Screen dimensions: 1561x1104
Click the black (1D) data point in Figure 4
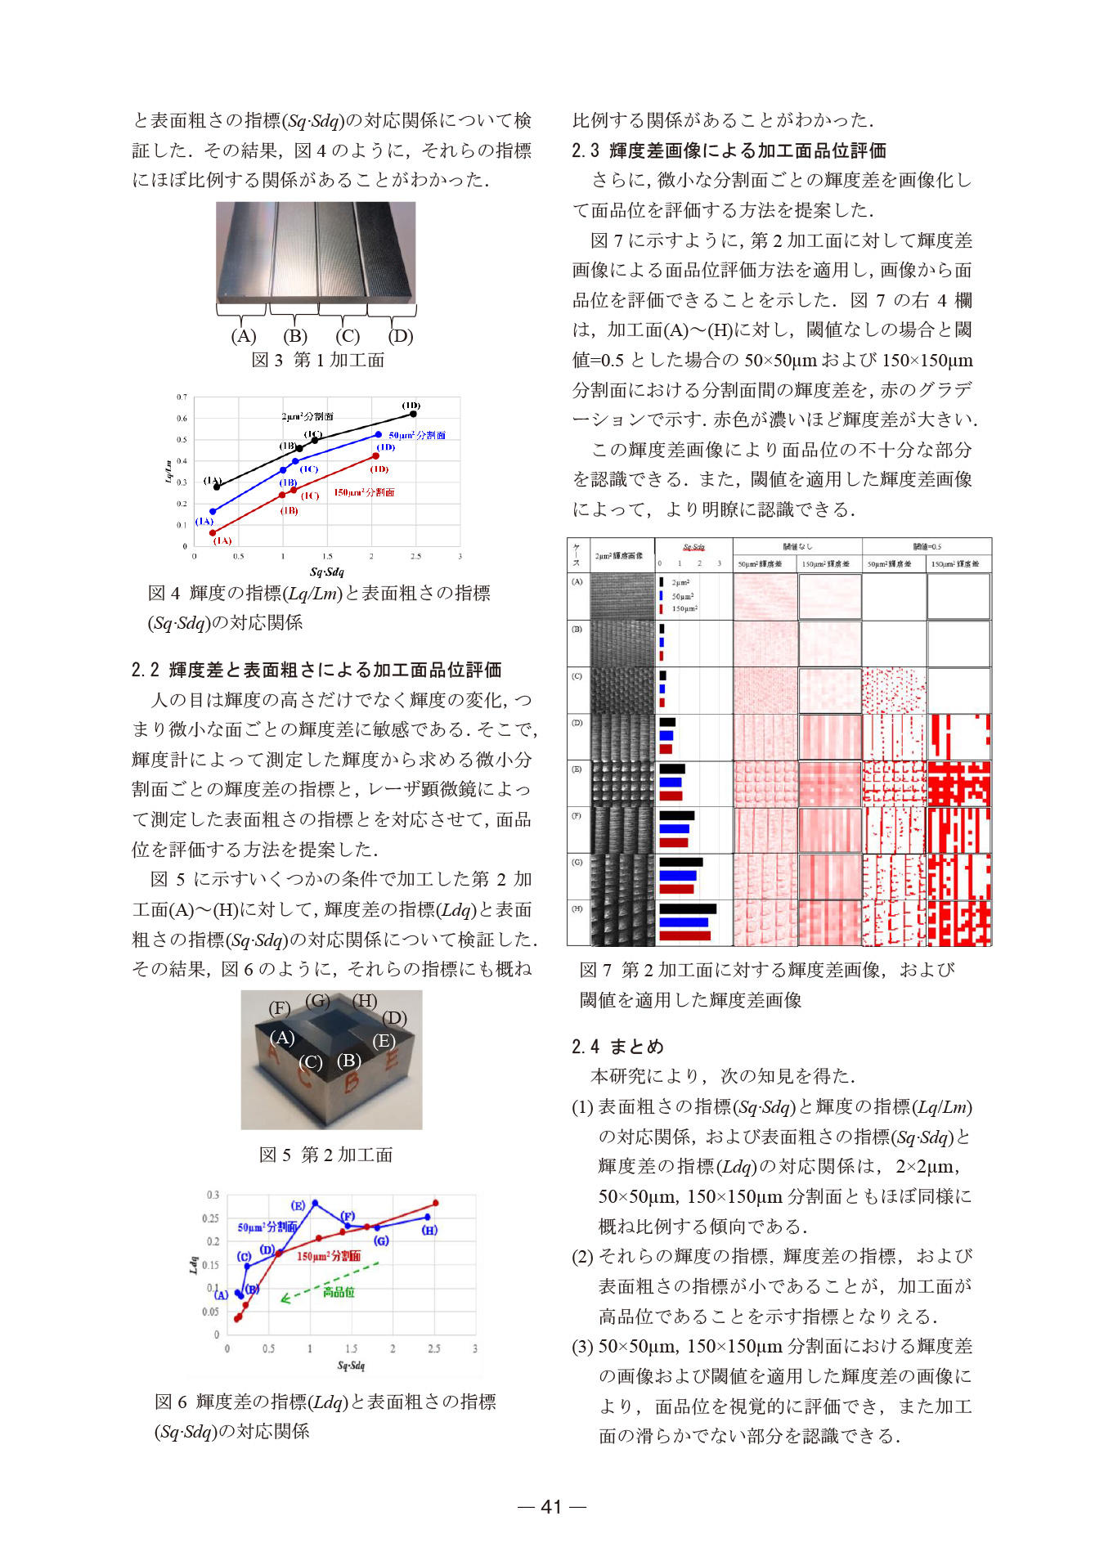pyautogui.click(x=413, y=414)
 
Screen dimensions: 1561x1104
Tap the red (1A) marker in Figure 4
pyautogui.click(x=213, y=532)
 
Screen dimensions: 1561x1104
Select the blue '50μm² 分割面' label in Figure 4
pyautogui.click(x=417, y=435)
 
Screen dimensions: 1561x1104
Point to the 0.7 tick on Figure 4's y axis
pyautogui.click(x=182, y=397)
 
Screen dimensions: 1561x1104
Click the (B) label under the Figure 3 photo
pyautogui.click(x=295, y=336)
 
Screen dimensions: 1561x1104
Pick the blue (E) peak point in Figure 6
pyautogui.click(x=315, y=1202)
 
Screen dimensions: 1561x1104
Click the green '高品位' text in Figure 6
pyautogui.click(x=339, y=1292)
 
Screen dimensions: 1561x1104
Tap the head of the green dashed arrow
pyautogui.click(x=283, y=1299)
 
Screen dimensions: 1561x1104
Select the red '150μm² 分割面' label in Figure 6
pyautogui.click(x=328, y=1256)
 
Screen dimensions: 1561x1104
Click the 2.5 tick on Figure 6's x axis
pyautogui.click(x=434, y=1348)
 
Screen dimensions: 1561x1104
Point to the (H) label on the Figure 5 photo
pyautogui.click(x=365, y=1001)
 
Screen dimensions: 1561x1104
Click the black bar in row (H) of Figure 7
pyautogui.click(x=687, y=908)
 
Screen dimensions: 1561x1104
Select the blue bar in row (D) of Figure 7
pyautogui.click(x=666, y=736)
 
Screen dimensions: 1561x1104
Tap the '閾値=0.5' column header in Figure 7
pyautogui.click(x=927, y=546)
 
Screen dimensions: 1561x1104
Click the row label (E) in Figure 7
pyautogui.click(x=577, y=769)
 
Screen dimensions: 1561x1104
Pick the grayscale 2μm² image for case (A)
pyautogui.click(x=622, y=596)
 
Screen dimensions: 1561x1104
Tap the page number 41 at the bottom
pyautogui.click(x=552, y=1506)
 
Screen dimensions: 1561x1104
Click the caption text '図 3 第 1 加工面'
pyautogui.click(x=317, y=360)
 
